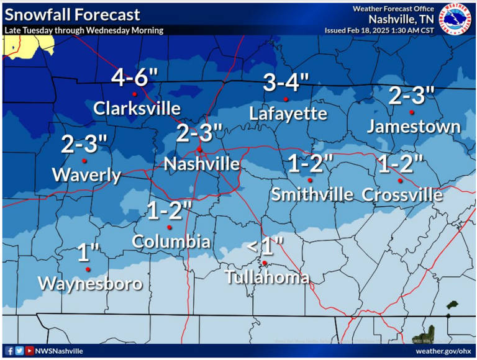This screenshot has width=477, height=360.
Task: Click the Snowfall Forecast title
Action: [72, 15]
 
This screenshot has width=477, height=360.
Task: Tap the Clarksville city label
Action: [137, 109]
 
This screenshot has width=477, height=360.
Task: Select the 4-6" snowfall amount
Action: [135, 78]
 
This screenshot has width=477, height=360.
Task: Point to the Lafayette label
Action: [288, 114]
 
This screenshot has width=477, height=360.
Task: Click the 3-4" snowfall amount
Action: [286, 83]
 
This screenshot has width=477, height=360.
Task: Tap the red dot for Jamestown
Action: [412, 112]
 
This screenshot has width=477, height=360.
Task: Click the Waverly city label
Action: [86, 175]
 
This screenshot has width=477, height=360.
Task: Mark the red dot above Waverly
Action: [84, 161]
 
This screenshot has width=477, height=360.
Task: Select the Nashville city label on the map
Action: [201, 164]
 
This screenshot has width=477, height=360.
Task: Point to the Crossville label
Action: [402, 195]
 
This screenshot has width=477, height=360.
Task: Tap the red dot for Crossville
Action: [401, 181]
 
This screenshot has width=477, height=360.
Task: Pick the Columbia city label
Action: [171, 241]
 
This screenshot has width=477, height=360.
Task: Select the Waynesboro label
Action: [90, 284]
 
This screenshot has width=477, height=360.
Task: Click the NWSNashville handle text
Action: [60, 351]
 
